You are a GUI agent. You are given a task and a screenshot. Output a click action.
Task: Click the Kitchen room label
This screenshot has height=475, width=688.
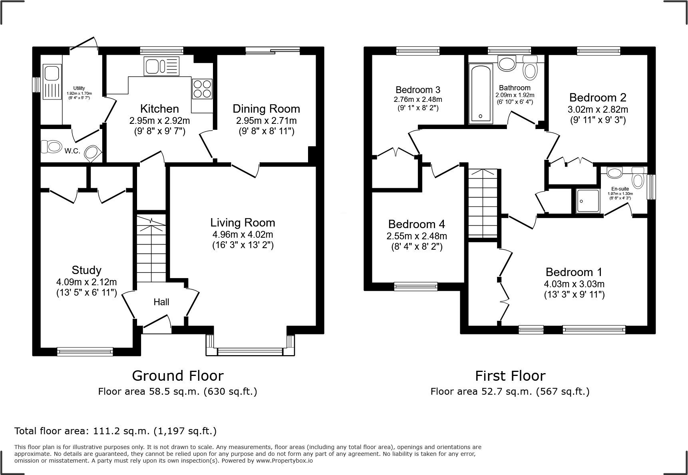pos(159,109)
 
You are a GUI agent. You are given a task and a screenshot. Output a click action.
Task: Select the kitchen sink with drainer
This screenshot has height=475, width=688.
pos(162,66)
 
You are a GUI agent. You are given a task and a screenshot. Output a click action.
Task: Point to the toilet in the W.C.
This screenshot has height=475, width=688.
pos(50,147)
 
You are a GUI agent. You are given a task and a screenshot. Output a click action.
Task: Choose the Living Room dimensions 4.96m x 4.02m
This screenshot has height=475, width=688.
pos(243,235)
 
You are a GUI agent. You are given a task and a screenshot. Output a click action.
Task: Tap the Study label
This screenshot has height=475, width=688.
pos(86,270)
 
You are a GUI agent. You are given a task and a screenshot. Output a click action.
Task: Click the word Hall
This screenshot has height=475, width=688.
pos(161,302)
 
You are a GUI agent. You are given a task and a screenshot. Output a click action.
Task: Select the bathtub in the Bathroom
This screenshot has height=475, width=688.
pos(481,93)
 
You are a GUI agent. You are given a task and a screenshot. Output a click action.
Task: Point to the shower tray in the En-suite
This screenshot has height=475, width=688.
pos(587,201)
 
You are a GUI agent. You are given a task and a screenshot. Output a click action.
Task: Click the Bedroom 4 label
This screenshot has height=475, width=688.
pos(416,224)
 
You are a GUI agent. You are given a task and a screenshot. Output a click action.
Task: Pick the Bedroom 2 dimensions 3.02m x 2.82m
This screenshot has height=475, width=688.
pos(598,109)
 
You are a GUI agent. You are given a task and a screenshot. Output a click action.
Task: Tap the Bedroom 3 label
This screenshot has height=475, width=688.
pos(418,89)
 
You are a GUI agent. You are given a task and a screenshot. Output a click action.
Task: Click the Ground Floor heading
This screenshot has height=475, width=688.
pos(177,376)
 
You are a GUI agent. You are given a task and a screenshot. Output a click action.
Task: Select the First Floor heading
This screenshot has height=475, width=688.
pos(510,376)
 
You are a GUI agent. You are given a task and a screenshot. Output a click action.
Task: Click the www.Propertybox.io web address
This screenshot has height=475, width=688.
pos(284,461)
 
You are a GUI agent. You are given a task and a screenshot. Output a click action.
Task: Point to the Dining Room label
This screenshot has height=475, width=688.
pos(266,109)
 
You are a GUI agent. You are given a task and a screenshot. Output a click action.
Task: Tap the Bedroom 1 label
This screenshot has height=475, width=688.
pos(574,272)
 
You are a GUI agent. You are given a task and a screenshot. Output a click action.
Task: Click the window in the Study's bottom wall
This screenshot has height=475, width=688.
pos(85,352)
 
